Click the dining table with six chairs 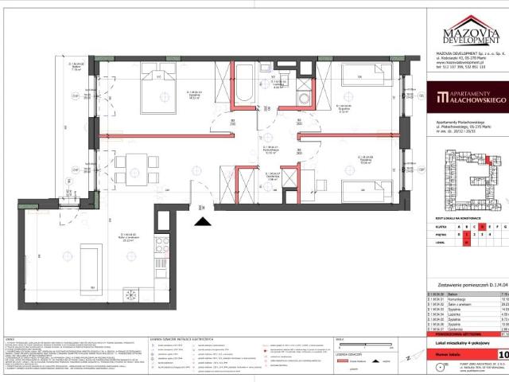click(x=130, y=170)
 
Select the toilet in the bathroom click(x=279, y=78)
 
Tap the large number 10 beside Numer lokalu click(x=503, y=354)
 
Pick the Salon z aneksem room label click(x=127, y=236)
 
